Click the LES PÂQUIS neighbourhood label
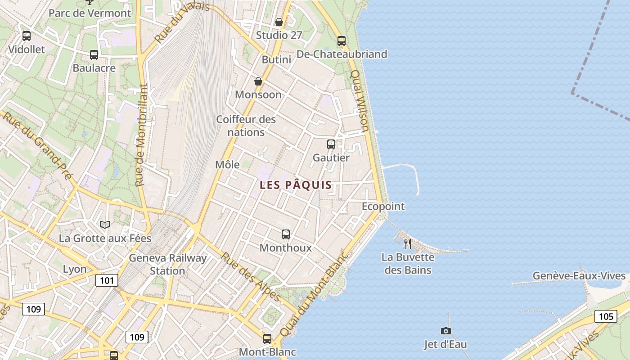click(296, 185)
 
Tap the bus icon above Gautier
click(331, 144)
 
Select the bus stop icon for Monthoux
click(286, 234)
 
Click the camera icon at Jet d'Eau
click(445, 331)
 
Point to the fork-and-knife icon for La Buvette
click(408, 244)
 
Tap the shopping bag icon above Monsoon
click(258, 81)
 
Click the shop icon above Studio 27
click(279, 22)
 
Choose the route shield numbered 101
click(107, 281)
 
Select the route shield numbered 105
click(605, 316)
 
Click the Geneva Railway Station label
click(167, 264)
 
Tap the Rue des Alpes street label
click(251, 276)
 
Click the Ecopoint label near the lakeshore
click(383, 207)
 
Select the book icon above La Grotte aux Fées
click(105, 225)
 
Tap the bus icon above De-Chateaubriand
click(342, 41)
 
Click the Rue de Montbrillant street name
click(141, 135)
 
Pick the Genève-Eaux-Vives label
click(579, 276)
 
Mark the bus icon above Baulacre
click(94, 55)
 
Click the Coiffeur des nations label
click(246, 126)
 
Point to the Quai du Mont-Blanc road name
click(314, 293)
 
